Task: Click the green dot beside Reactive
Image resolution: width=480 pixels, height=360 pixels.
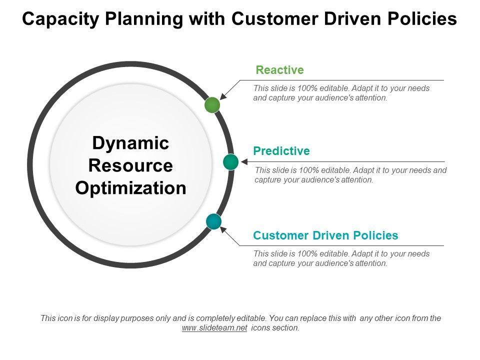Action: (x=212, y=104)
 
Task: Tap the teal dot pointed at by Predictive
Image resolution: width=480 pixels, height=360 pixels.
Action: (x=231, y=162)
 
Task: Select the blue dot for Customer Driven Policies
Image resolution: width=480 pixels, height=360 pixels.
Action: (x=213, y=221)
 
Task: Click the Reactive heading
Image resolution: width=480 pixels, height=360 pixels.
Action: (x=280, y=70)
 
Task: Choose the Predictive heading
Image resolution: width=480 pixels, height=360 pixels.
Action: (x=281, y=151)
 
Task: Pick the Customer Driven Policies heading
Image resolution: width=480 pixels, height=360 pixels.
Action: (x=325, y=235)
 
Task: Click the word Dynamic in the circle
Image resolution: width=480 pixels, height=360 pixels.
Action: (x=130, y=143)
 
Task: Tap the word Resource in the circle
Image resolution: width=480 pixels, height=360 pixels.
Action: (x=130, y=165)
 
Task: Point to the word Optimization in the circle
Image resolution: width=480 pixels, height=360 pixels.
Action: (x=130, y=188)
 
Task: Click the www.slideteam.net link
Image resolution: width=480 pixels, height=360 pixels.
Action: (x=214, y=328)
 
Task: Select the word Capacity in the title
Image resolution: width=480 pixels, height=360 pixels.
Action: (x=60, y=19)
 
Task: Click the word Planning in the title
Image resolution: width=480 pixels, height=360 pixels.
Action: (x=144, y=19)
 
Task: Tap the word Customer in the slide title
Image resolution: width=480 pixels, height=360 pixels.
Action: (x=274, y=18)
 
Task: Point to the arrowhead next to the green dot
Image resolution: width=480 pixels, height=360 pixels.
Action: (x=223, y=96)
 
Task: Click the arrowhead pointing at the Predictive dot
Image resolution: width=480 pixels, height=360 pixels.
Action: (x=244, y=161)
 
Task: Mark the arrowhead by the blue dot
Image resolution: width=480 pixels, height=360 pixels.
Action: (x=223, y=229)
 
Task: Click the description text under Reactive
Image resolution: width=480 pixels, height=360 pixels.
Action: (x=341, y=93)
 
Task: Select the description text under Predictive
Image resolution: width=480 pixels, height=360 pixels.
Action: (x=350, y=175)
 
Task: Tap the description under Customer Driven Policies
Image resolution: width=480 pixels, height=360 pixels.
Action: (x=341, y=258)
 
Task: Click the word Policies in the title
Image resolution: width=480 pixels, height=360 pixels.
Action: (x=422, y=18)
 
